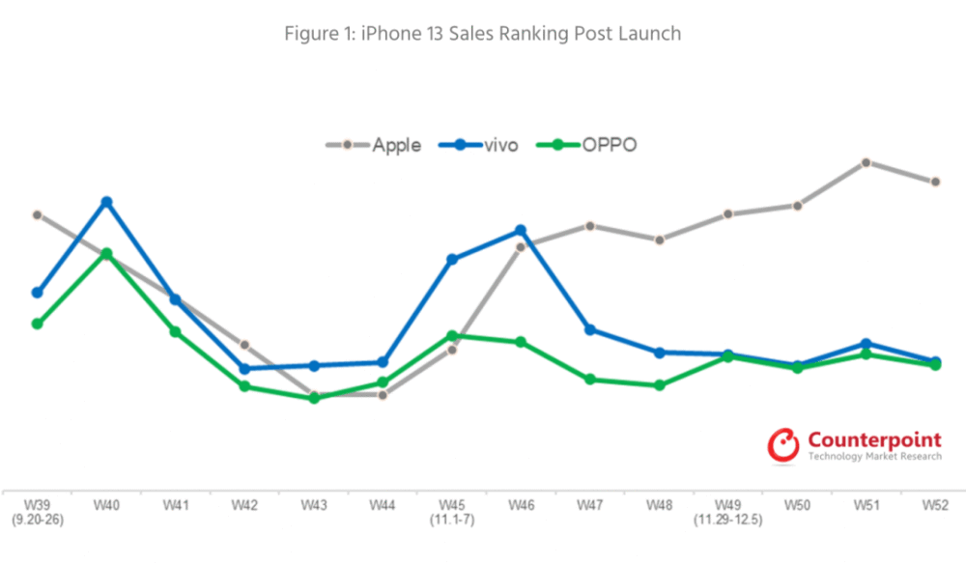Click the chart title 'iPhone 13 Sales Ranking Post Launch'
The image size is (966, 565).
[x=482, y=34]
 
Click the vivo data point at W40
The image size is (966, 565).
[x=106, y=202]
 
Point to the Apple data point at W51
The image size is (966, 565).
[x=867, y=162]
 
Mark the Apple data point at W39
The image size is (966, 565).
[x=37, y=214]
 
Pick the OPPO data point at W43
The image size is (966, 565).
[x=314, y=398]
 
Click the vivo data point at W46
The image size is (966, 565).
[x=521, y=230]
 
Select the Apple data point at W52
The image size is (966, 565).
[x=935, y=182]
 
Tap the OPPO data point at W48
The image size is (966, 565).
[x=659, y=385]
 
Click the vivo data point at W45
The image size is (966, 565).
[x=451, y=259]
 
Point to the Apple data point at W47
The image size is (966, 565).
[x=589, y=226]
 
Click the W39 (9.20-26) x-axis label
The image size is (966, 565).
[x=37, y=511]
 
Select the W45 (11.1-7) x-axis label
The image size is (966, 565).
[x=451, y=511]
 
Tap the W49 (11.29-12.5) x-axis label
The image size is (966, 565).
[x=727, y=511]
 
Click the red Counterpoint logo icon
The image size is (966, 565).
[x=783, y=445]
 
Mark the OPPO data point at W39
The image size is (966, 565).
[x=37, y=324]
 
